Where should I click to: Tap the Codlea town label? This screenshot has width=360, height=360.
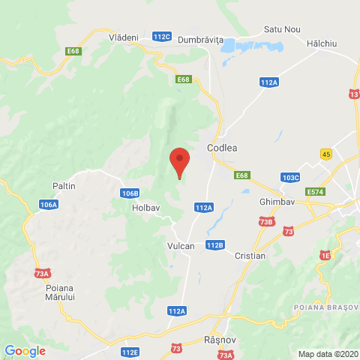click(x=222, y=148)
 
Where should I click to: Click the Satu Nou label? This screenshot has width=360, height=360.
click(x=282, y=29)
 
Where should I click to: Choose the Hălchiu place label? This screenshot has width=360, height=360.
click(x=322, y=43)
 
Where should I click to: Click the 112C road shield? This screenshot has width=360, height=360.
click(x=162, y=36)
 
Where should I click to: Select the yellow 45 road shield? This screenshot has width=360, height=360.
click(x=325, y=154)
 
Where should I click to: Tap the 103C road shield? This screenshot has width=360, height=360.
click(x=291, y=178)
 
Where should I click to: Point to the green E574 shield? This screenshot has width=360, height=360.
click(x=316, y=193)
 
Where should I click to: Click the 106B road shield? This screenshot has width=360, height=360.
click(x=129, y=193)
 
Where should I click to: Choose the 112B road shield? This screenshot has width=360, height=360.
click(x=214, y=244)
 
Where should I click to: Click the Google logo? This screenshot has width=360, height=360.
click(x=25, y=350)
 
